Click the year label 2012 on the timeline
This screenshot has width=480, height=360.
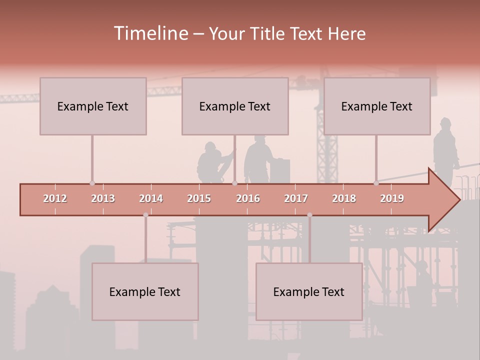tap(55, 198)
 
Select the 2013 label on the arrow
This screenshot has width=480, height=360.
tap(103, 198)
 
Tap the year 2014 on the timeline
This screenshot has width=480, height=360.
tap(151, 198)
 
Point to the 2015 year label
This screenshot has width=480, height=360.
tap(199, 198)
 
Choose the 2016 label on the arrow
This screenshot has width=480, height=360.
tap(248, 198)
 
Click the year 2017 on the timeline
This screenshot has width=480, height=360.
tap(296, 198)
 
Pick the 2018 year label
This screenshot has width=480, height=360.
tap(344, 198)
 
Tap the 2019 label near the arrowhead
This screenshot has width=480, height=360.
tap(392, 198)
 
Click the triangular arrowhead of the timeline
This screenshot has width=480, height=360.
tap(443, 200)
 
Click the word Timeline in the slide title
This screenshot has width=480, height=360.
tap(150, 33)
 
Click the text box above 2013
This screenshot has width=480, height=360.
tap(93, 106)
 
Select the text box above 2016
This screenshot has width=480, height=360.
tap(235, 106)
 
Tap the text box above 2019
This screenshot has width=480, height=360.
tap(377, 106)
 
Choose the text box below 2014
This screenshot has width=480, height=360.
tap(145, 291)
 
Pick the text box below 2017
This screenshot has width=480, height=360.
tap(309, 291)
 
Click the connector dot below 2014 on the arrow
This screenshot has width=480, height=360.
tap(145, 215)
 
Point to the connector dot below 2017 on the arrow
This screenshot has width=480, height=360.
tap(309, 215)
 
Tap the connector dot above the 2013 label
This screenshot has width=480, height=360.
tap(92, 183)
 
